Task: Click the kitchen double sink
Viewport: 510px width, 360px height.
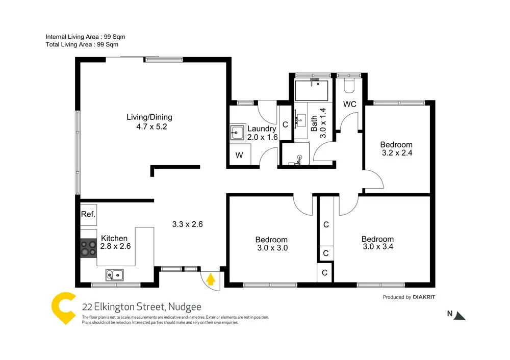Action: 114,275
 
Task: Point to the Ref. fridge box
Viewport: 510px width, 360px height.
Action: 88,214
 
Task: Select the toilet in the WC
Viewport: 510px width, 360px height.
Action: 349,85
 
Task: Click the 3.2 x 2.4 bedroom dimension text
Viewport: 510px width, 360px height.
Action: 397,152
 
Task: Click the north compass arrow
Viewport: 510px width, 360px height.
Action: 460,315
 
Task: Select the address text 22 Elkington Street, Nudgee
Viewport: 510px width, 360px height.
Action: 142,307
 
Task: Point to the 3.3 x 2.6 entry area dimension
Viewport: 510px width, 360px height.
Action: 188,224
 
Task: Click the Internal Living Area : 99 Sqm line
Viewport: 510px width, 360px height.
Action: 85,37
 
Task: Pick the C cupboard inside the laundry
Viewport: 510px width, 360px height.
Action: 285,124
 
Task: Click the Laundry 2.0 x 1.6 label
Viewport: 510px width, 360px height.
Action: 262,133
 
